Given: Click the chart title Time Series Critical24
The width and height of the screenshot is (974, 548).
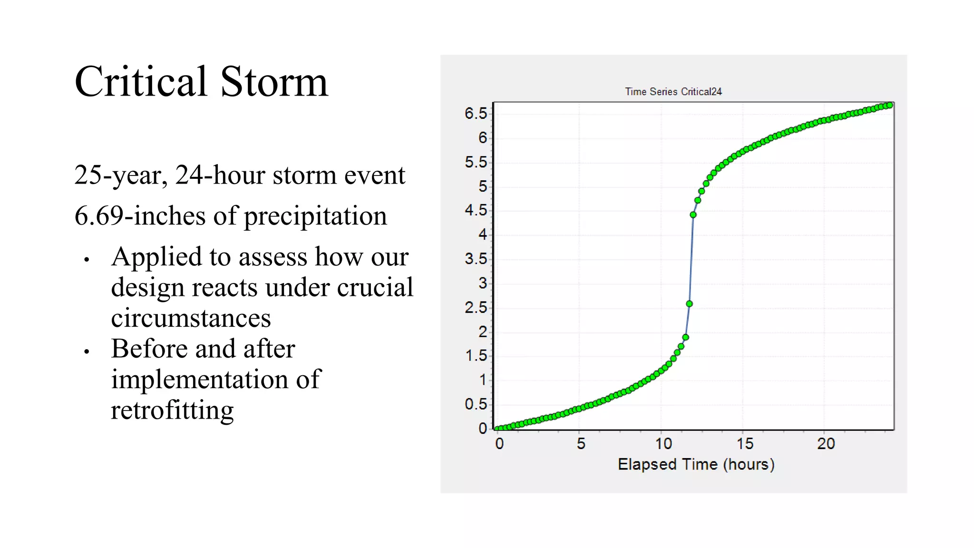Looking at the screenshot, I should pyautogui.click(x=673, y=91).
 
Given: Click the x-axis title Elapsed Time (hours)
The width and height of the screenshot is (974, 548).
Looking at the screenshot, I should pyautogui.click(x=696, y=464).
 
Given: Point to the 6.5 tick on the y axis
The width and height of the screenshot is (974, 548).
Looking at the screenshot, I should pyautogui.click(x=476, y=114).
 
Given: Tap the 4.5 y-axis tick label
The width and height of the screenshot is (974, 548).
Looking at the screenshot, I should pyautogui.click(x=476, y=210).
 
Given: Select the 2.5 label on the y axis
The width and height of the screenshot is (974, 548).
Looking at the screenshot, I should pyautogui.click(x=476, y=308).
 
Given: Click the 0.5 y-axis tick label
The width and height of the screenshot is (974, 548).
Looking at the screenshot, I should pyautogui.click(x=476, y=404).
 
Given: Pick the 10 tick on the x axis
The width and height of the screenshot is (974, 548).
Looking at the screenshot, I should pyautogui.click(x=663, y=444).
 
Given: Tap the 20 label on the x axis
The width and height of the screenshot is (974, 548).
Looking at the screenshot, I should pyautogui.click(x=826, y=444).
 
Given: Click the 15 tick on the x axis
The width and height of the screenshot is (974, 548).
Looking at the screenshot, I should pyautogui.click(x=745, y=444).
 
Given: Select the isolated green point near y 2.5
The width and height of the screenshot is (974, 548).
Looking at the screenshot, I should pyautogui.click(x=689, y=303).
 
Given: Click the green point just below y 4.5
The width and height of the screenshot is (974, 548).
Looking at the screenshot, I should pyautogui.click(x=693, y=215).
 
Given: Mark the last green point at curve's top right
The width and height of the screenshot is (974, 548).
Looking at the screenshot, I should pyautogui.click(x=889, y=105).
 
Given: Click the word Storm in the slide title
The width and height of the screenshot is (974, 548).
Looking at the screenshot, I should pyautogui.click(x=274, y=82).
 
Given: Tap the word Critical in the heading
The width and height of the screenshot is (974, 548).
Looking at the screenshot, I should pyautogui.click(x=141, y=82).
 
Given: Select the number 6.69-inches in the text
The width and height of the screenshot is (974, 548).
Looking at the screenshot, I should pyautogui.click(x=139, y=216).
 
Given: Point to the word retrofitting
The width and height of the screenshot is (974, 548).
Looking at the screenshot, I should pyautogui.click(x=172, y=410).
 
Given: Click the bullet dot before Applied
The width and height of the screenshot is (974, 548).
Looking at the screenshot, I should pyautogui.click(x=87, y=260).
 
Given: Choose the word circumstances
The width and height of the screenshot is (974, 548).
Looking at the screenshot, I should pyautogui.click(x=191, y=318).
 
